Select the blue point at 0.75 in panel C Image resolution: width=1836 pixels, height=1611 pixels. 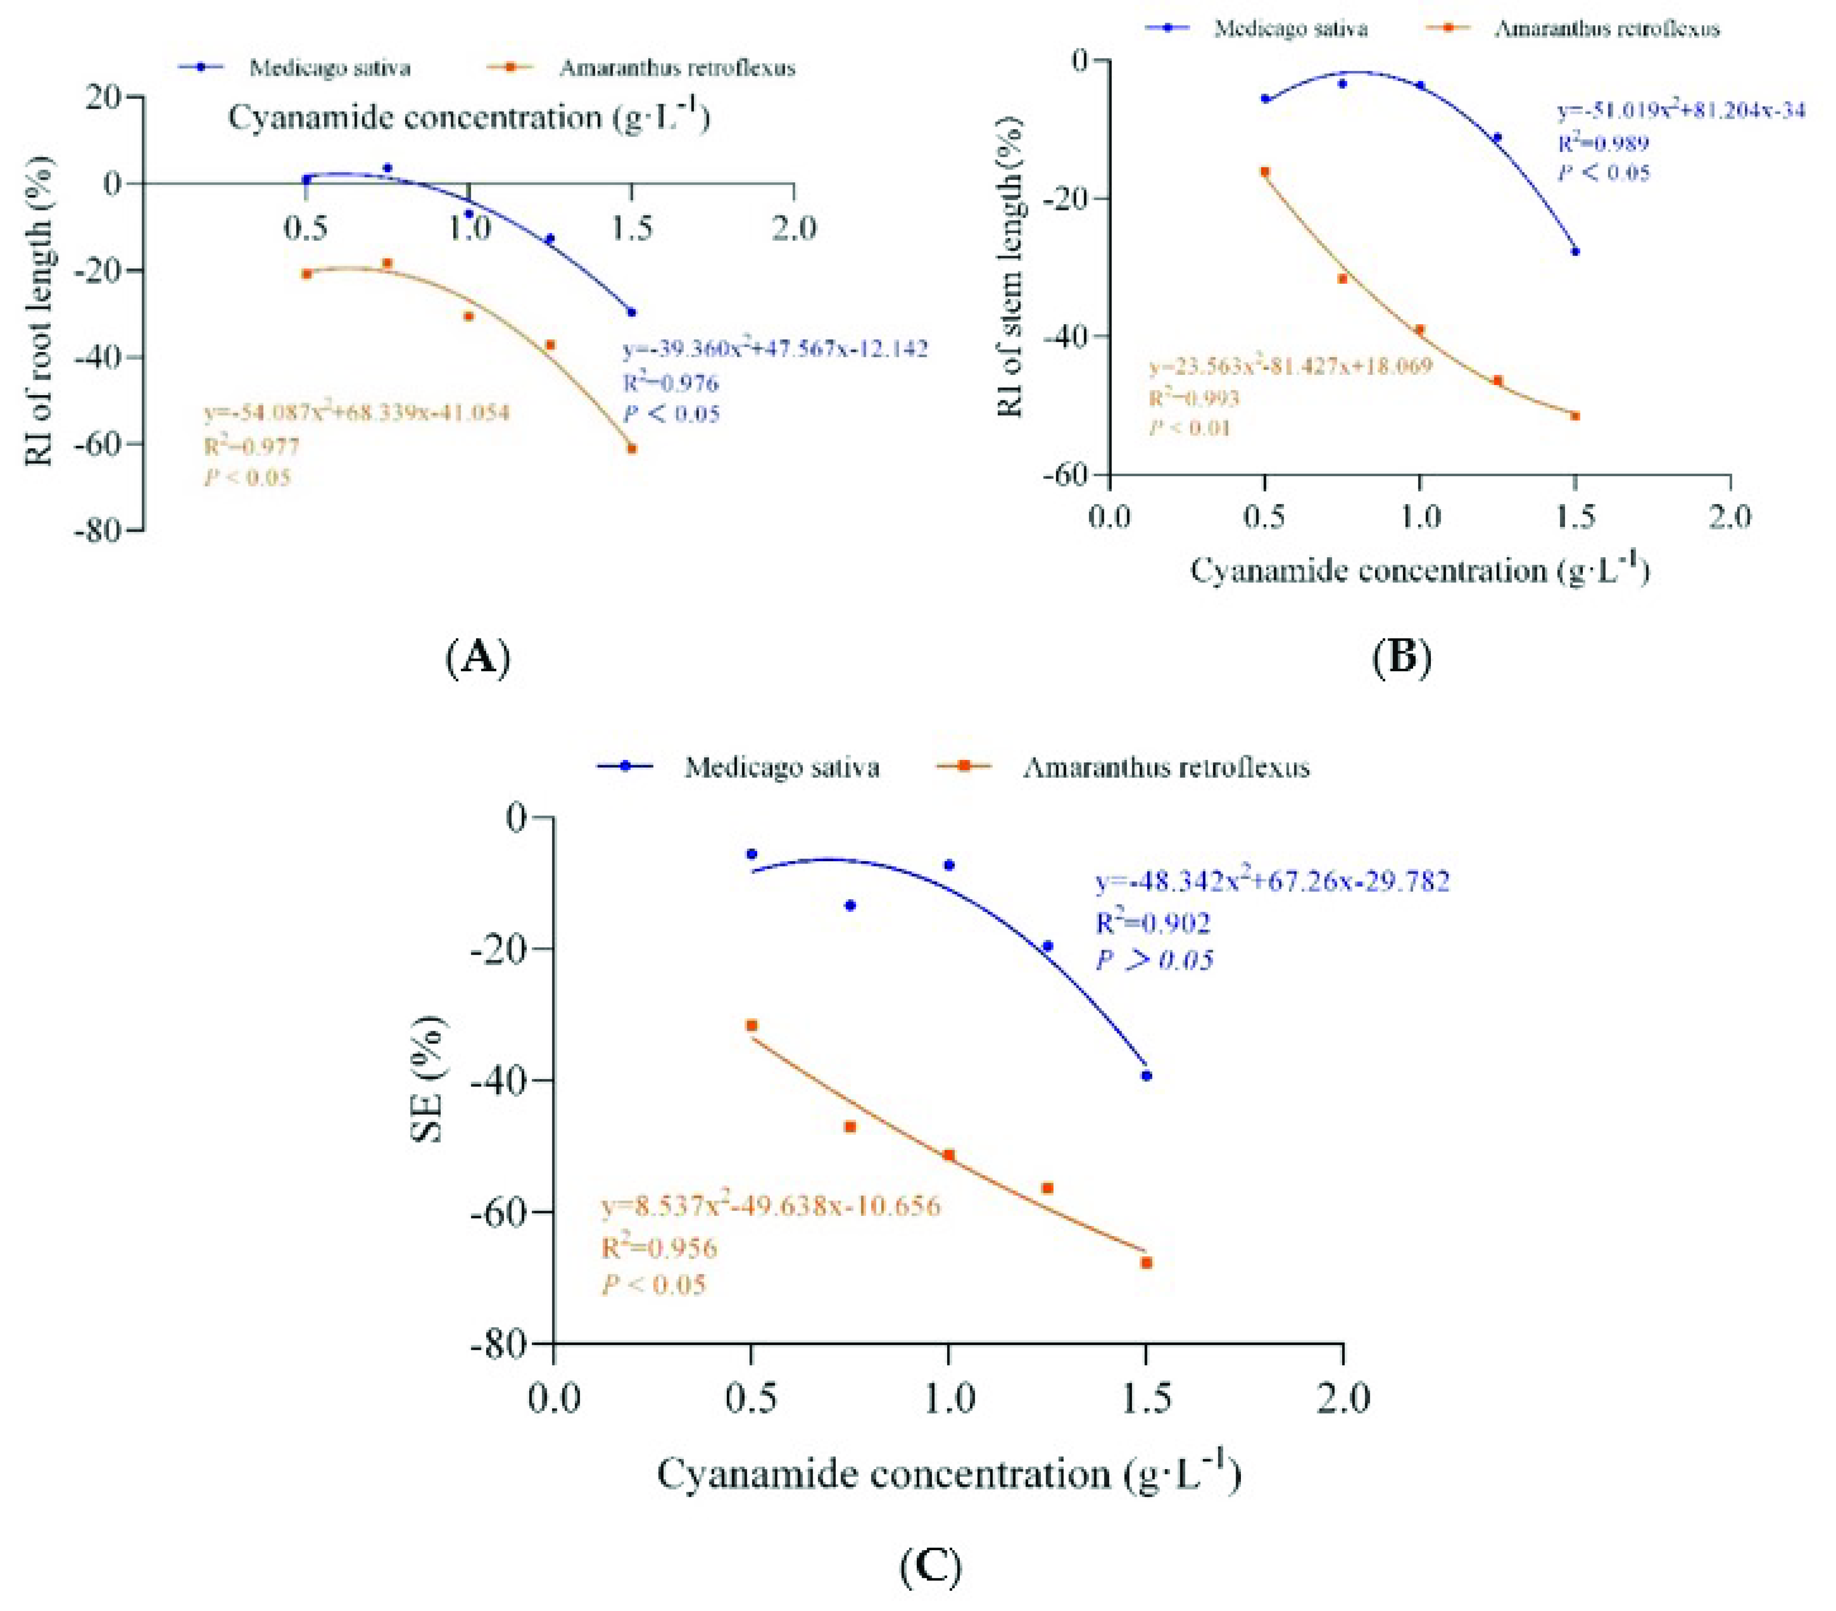click(x=850, y=905)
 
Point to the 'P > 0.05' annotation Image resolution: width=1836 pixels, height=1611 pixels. click(x=1154, y=960)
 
